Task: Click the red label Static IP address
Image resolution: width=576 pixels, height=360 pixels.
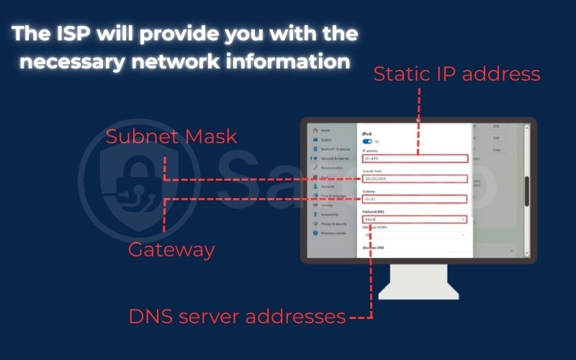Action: tap(456, 73)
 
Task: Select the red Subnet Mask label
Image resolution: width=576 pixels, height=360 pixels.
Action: tap(171, 136)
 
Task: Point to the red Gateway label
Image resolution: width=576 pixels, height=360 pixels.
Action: tap(171, 250)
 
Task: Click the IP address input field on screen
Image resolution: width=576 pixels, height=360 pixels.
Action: tap(415, 158)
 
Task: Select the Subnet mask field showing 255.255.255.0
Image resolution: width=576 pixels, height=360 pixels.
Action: tap(415, 179)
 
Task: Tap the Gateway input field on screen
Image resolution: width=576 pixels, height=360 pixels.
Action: tap(415, 199)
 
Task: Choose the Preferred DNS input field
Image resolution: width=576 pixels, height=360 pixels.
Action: tap(415, 219)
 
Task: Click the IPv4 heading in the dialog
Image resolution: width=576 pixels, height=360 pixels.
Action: tap(366, 134)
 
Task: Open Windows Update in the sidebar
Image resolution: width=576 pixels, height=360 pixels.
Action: tap(333, 233)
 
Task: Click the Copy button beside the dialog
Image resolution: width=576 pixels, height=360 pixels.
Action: tap(496, 150)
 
